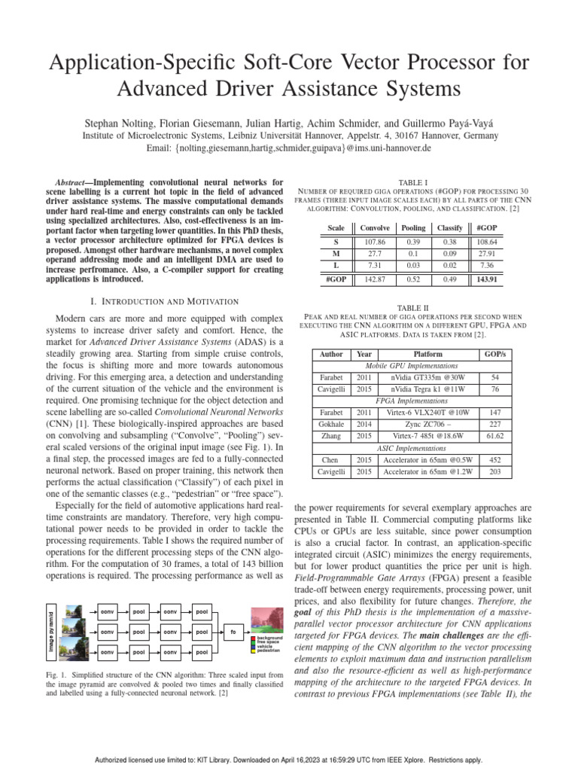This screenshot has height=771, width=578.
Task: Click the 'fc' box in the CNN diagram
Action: [x=233, y=632]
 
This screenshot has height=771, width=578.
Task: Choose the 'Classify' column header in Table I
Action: [x=449, y=227]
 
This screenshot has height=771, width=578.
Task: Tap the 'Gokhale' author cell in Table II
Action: [x=331, y=423]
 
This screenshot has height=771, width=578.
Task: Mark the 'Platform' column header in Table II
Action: [x=428, y=354]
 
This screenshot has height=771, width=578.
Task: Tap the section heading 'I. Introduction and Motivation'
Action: [x=164, y=301]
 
